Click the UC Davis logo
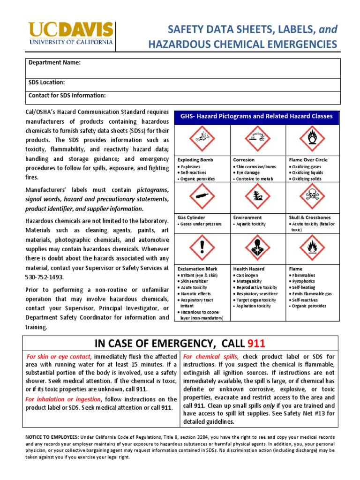pos(71,34)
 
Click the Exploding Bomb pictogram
pos(202,139)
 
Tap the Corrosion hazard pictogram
pos(257,139)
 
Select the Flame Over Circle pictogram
pos(312,139)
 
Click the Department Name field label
pos(54,63)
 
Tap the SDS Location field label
pos(47,82)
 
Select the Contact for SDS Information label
pos(67,96)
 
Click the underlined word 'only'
pos(269,405)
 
